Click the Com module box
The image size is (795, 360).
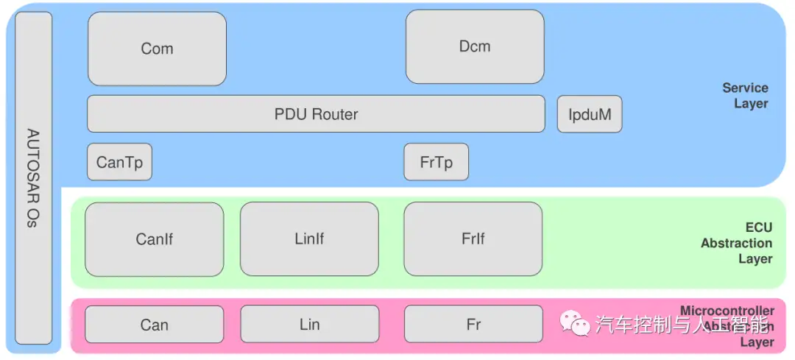tap(157, 49)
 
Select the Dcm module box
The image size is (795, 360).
tap(475, 46)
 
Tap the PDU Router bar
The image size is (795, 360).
tap(316, 114)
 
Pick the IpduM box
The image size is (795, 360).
tap(589, 114)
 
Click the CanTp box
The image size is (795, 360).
tap(119, 162)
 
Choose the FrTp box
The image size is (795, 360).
tap(436, 162)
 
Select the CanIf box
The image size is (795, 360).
tap(154, 239)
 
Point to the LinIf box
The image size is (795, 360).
tap(309, 239)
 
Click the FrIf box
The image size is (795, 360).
tap(473, 239)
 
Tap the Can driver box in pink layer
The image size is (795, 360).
tap(154, 325)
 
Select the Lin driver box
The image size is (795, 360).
tap(309, 325)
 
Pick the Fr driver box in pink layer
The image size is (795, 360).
tap(473, 325)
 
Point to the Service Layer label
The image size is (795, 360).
tap(746, 96)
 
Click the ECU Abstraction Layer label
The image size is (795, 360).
tap(738, 243)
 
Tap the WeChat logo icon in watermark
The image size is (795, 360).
tap(575, 322)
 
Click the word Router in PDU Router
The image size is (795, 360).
tap(335, 114)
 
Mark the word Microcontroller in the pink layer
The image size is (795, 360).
tap(727, 311)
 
